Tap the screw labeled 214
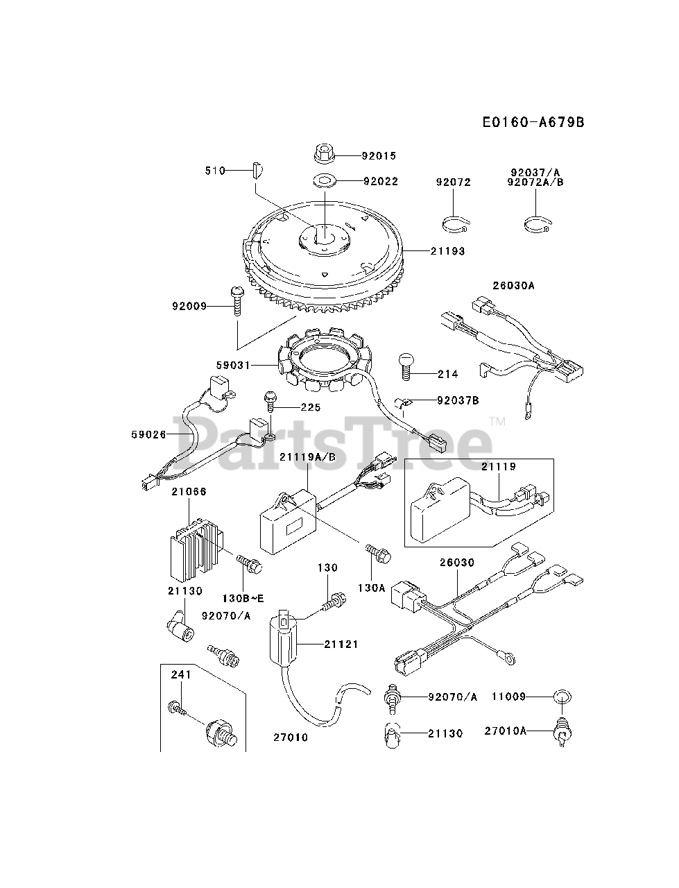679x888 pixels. (407, 366)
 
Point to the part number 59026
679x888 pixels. (148, 435)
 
